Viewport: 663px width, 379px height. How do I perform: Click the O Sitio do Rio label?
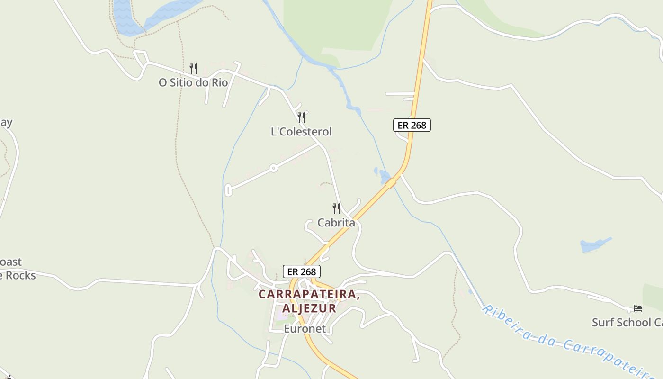point(193,83)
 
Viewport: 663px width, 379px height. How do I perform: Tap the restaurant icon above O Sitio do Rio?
point(193,69)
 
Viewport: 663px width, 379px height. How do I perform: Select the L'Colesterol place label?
point(301,132)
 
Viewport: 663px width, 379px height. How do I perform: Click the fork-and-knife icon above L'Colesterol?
point(301,117)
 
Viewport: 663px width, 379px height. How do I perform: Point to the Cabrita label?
point(336,223)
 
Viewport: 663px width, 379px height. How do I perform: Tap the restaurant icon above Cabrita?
point(336,208)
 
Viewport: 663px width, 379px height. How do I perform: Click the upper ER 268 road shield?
point(412,125)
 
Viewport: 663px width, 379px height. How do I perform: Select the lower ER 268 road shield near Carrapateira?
point(302,271)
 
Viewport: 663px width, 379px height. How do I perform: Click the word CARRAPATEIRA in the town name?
point(308,294)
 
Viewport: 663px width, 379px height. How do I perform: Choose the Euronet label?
point(305,328)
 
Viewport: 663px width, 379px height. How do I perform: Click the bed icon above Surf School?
point(638,308)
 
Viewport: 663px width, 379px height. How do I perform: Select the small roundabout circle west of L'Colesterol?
point(273,168)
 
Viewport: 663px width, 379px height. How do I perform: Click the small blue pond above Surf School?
point(594,245)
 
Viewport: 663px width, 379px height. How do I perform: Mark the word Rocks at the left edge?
point(19,275)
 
